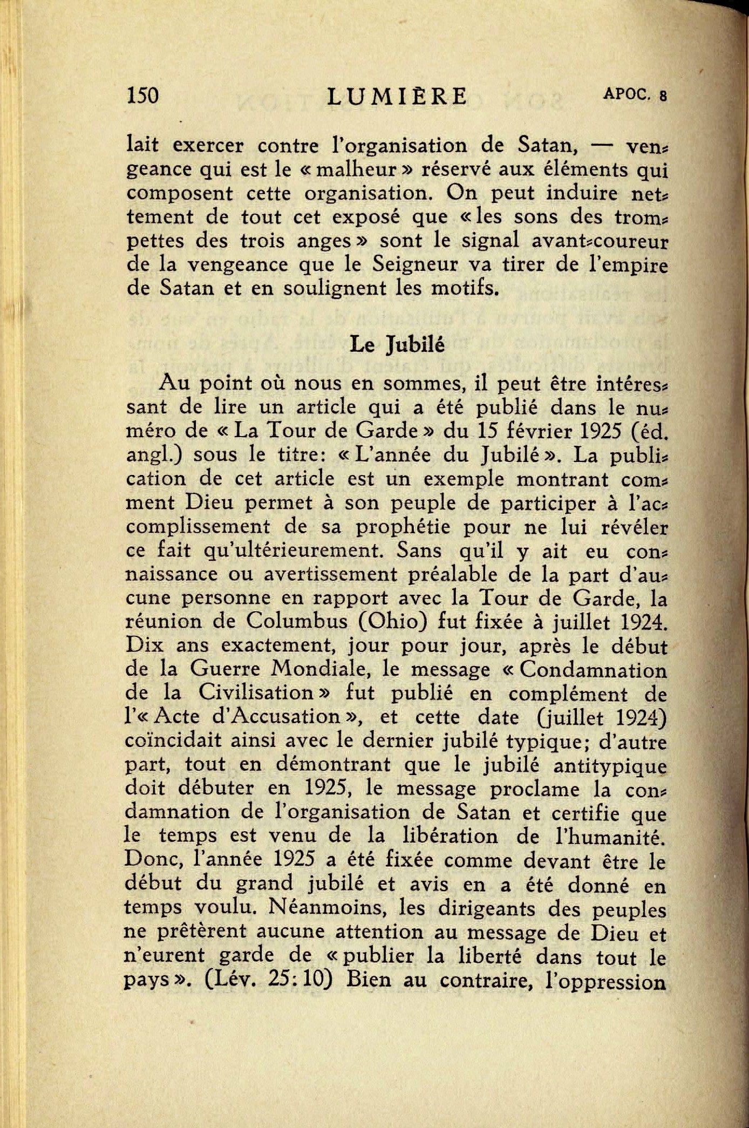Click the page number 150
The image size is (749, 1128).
point(142,96)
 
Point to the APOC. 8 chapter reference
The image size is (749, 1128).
point(635,94)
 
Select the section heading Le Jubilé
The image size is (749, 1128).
point(397,344)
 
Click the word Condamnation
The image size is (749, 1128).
point(593,670)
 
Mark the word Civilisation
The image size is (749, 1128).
point(256,693)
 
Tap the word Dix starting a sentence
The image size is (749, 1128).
point(144,645)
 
